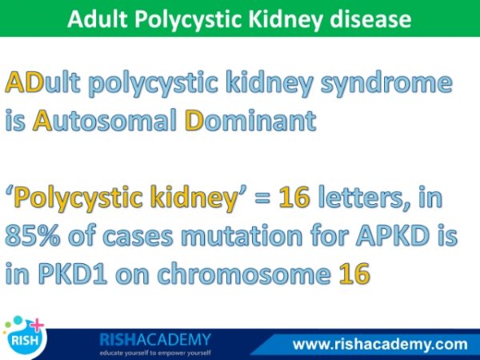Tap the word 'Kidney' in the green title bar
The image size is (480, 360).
point(286,20)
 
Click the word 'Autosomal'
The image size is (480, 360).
point(105,120)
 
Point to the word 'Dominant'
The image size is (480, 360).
point(250,120)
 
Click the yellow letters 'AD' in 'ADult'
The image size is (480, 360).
point(25,82)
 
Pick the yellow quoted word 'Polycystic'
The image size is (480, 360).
point(78,199)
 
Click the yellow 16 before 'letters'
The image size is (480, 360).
point(294,197)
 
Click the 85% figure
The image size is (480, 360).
point(32,236)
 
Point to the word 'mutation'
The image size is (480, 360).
point(242,235)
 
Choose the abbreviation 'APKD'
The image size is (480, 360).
point(397,235)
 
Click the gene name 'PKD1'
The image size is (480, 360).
point(73,273)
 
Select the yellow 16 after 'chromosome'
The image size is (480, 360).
point(354,273)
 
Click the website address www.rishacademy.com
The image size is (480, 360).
point(380,344)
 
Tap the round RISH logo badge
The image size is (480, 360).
point(25,339)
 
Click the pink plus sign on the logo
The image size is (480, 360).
point(37,325)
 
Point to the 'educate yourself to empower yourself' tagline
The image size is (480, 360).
point(155,353)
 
